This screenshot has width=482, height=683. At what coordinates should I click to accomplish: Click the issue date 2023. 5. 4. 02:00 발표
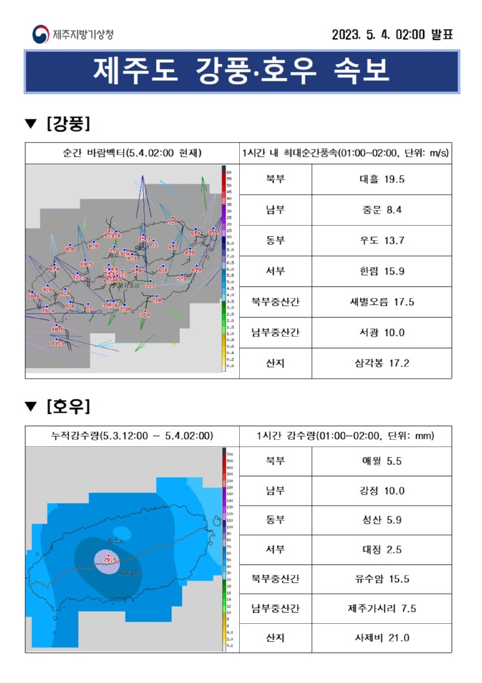point(392,34)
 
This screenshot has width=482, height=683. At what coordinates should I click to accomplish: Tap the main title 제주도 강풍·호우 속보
point(242,71)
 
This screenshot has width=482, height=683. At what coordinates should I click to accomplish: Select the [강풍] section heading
point(67,124)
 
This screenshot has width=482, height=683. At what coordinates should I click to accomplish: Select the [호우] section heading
point(67,407)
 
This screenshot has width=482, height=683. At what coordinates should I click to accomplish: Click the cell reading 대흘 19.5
point(381,179)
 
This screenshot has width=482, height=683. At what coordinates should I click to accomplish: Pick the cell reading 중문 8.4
point(381,210)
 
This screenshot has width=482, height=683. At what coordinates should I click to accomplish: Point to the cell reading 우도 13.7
point(381,241)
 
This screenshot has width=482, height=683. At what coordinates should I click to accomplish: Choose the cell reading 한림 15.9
point(381,272)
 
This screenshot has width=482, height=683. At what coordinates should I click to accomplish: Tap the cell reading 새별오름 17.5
point(381,302)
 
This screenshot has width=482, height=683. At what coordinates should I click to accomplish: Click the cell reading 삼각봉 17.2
point(381,364)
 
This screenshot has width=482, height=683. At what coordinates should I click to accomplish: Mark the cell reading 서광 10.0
point(381,333)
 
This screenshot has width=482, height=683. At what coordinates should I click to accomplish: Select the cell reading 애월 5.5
point(381,462)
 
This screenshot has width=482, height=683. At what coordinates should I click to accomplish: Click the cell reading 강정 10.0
point(381,491)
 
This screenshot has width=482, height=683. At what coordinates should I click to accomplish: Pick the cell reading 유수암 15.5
point(381,579)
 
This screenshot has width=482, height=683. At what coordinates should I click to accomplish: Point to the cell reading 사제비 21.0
point(381,638)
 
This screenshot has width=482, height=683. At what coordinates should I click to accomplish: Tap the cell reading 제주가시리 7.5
point(381,609)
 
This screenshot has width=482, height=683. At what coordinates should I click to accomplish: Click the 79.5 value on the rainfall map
point(110,561)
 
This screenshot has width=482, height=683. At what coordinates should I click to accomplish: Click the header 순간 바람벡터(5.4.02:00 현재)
point(132,153)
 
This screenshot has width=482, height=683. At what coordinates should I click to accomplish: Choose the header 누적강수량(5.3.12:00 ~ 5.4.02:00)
point(132,436)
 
